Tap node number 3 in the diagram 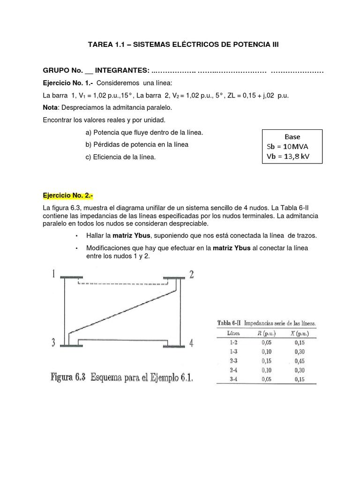[54, 343]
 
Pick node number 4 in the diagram [191, 343]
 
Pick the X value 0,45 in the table [299, 361]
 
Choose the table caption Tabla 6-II [228, 323]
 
